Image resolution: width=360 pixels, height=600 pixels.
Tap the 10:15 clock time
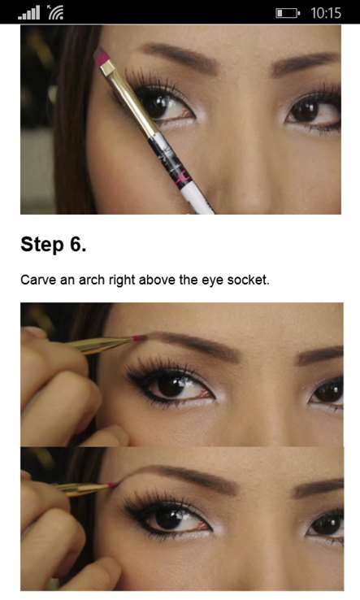[x=326, y=13]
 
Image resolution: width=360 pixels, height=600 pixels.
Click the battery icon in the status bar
[x=288, y=13]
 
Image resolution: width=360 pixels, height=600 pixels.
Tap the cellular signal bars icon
[x=28, y=13]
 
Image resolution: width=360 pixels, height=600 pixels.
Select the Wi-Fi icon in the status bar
[x=55, y=13]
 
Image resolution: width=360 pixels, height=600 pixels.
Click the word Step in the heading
[x=42, y=245]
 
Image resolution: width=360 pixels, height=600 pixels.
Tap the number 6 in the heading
[x=76, y=244]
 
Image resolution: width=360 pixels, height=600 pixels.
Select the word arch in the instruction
[x=92, y=280]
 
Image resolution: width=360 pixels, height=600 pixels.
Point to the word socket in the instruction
[x=248, y=280]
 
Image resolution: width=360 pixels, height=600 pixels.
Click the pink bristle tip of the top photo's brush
[x=101, y=57]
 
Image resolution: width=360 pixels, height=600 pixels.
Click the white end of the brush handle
[x=197, y=199]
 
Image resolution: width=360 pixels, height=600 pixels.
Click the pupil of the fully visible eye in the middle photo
[x=171, y=385]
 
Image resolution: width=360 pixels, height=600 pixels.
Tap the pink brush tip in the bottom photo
[x=113, y=485]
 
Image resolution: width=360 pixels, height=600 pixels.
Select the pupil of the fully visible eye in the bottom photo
[x=169, y=520]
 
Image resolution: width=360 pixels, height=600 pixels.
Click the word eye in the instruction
[x=212, y=280]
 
